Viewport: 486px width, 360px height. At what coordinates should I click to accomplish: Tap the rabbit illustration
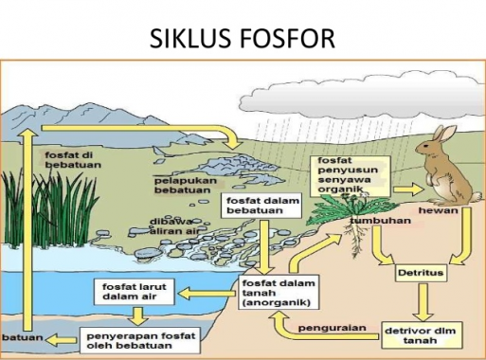click(439, 171)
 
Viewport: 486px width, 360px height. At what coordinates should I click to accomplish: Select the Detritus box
click(417, 272)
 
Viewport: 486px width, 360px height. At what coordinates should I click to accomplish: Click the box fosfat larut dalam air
click(132, 292)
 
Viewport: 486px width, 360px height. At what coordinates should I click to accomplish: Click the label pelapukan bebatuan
click(185, 183)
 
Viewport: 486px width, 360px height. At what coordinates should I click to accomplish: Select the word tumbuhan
click(379, 220)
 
